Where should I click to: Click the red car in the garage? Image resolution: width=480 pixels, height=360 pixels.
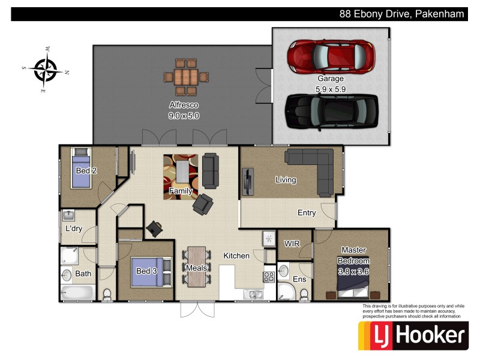coord(331,56)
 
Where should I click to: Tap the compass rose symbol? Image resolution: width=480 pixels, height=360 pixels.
coord(46,69)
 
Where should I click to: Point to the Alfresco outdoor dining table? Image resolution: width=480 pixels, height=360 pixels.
coord(186,77)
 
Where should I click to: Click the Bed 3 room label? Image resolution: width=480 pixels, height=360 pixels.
coord(146,271)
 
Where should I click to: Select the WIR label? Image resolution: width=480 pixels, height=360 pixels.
coord(292,244)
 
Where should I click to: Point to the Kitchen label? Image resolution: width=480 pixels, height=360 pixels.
coord(236,256)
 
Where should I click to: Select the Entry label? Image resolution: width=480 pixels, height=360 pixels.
coord(307,213)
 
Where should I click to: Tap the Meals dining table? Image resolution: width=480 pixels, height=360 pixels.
coord(196,266)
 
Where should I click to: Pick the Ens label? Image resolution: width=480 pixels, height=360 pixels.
coord(299,279)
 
